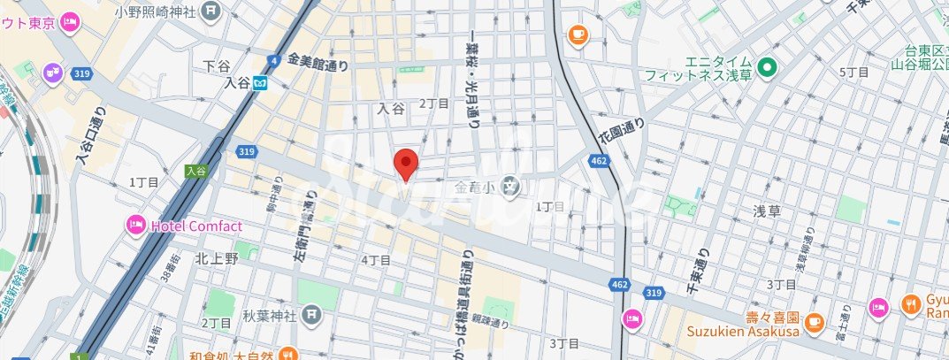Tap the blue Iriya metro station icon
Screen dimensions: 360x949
(260, 84)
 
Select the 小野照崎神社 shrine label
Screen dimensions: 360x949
(158, 12)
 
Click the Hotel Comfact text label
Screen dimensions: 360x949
(196, 226)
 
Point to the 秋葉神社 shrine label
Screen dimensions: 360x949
(268, 313)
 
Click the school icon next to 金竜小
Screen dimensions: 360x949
(510, 186)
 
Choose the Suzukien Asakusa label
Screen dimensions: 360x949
(743, 332)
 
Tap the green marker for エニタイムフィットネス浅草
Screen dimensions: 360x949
(767, 66)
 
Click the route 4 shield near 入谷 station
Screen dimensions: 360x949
(272, 60)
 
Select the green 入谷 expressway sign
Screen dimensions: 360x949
(195, 171)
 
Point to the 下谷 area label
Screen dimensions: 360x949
(216, 65)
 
